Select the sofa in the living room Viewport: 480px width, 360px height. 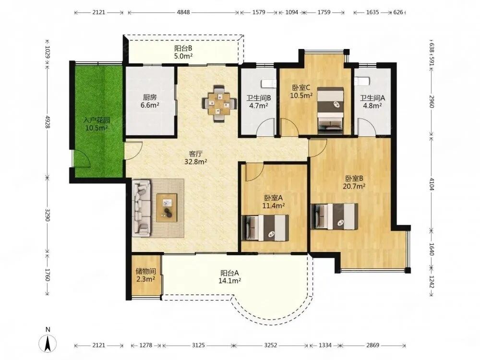pos(142,208)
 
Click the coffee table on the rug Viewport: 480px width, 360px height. pos(167,207)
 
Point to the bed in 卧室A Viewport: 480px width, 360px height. pos(265,228)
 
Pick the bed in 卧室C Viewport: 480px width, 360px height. pos(330,110)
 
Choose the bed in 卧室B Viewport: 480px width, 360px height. pos(334,216)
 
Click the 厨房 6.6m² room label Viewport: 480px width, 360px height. pos(150,101)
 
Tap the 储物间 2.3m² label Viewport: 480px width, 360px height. pos(146,275)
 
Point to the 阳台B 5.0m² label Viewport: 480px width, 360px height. pos(183,52)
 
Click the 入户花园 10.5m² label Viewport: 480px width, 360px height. pos(97,124)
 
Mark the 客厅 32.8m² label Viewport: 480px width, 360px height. pos(196,157)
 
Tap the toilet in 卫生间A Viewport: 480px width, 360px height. pos(362,81)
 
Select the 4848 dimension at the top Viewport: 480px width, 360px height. pos(183,12)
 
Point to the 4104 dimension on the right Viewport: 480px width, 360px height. pos(432,184)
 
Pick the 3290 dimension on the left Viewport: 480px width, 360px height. pos(47,216)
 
